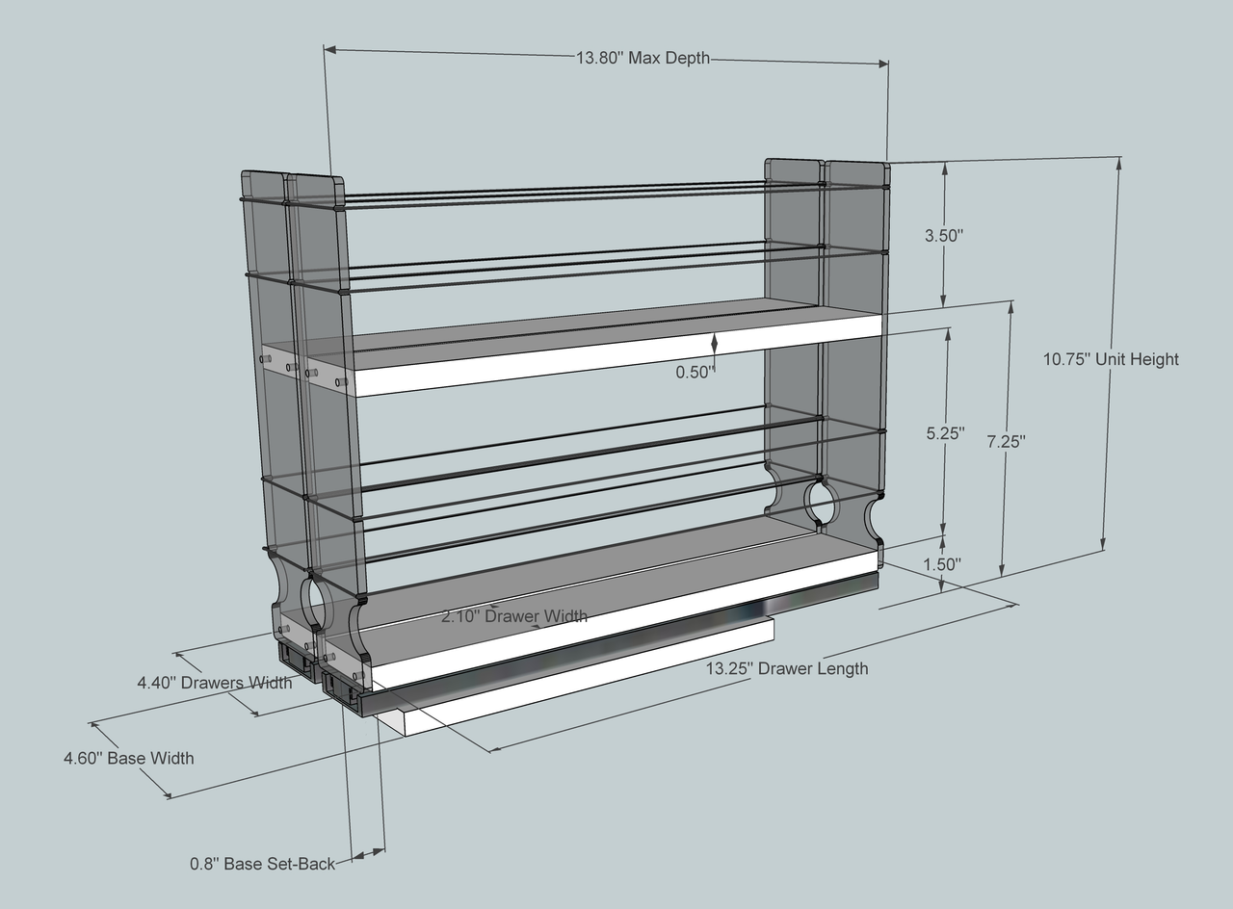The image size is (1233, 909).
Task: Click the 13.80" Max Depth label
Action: click(643, 58)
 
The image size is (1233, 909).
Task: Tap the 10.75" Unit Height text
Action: click(1111, 359)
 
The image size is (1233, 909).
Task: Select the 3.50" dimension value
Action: click(944, 236)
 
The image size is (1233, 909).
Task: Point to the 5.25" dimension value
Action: click(945, 433)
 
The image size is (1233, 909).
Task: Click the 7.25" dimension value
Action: click(1007, 441)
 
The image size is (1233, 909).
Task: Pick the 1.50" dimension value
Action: click(942, 564)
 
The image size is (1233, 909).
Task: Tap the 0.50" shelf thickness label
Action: click(695, 372)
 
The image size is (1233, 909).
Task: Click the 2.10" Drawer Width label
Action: click(514, 615)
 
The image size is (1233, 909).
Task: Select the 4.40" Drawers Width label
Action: click(215, 683)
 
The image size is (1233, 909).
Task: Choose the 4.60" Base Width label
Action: click(129, 758)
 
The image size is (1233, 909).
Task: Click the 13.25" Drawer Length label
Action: click(787, 668)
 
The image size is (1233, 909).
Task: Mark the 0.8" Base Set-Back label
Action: click(263, 864)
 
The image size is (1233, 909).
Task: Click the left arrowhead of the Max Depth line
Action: click(329, 49)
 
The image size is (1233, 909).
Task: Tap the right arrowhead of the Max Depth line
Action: click(882, 64)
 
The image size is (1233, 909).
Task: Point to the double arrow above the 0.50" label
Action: click(715, 343)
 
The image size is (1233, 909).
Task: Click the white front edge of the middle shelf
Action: click(616, 355)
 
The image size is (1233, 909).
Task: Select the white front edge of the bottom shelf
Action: click(623, 621)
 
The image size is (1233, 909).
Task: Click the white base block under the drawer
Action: click(578, 677)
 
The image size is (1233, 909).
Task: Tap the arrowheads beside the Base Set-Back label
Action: click(368, 853)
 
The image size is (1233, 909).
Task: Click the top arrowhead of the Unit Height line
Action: click(1119, 164)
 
